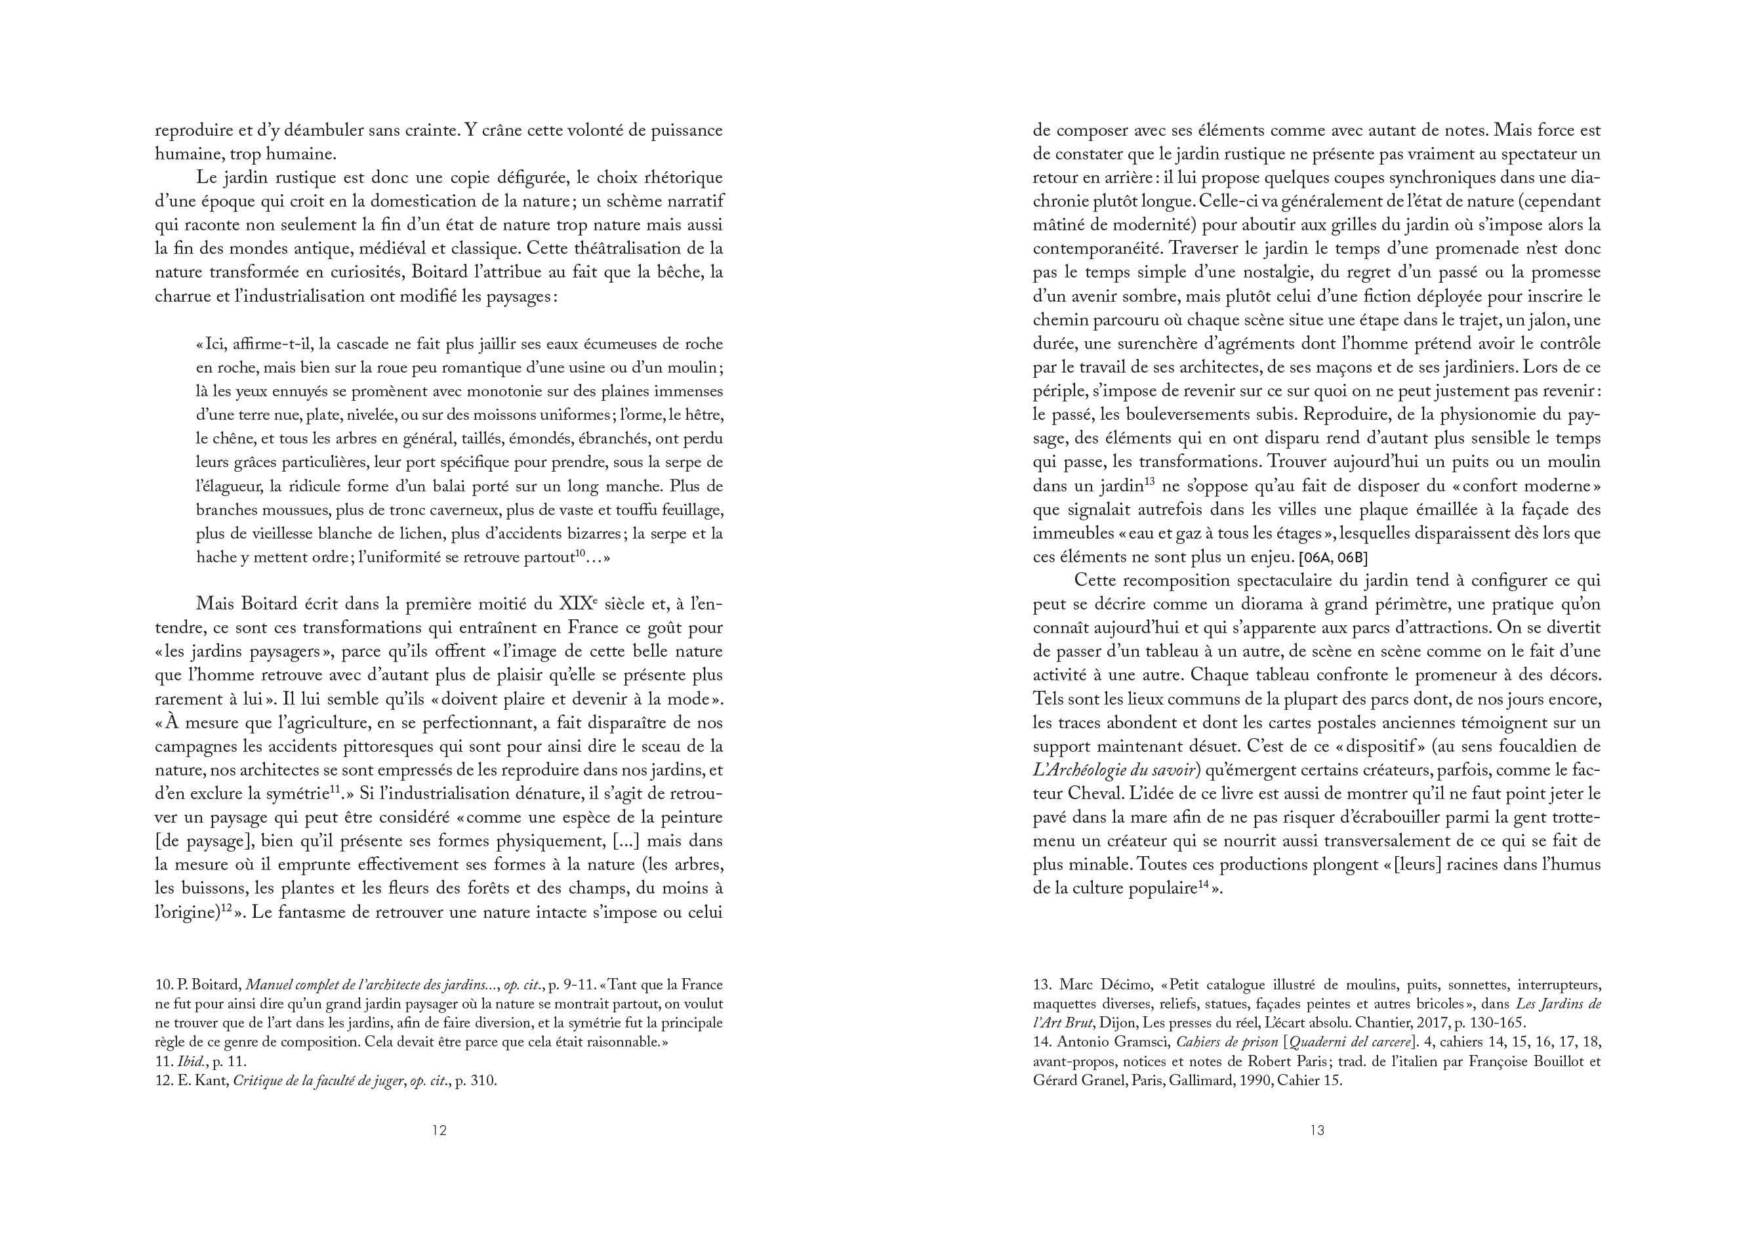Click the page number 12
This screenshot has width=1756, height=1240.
point(439,1130)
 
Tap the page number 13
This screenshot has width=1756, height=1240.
point(1317,1130)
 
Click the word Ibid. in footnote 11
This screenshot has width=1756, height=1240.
point(190,1062)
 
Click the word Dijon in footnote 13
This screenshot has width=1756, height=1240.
point(1119,1023)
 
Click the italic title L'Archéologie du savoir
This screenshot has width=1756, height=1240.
point(1114,770)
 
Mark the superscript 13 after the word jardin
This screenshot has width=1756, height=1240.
point(1148,481)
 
